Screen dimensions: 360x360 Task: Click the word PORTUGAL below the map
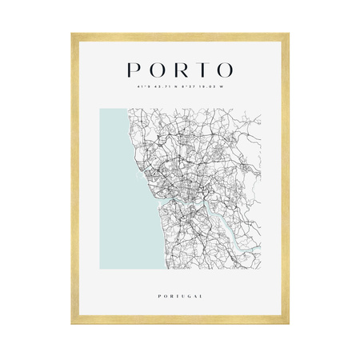[180, 297]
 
